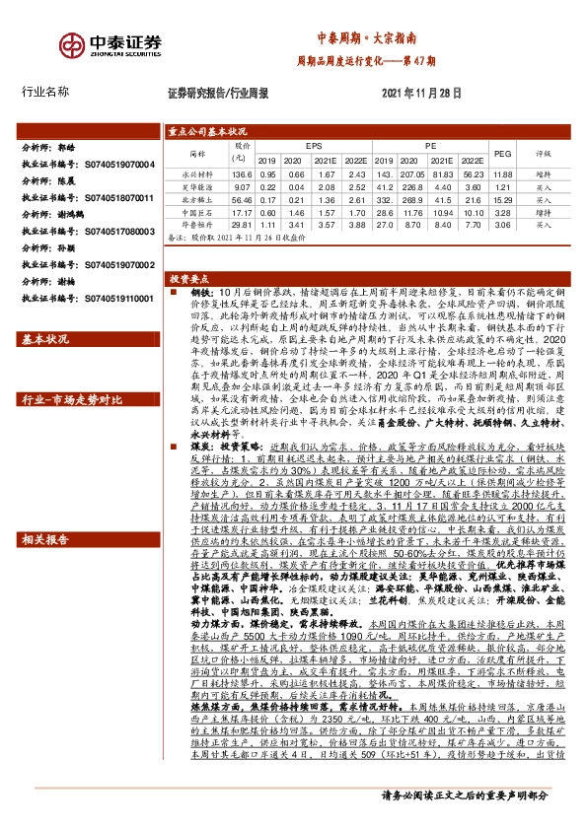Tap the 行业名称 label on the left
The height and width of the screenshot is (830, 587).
point(45,92)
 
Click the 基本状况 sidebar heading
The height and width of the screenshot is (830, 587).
point(46,340)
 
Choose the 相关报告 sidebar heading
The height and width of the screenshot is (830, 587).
point(46,540)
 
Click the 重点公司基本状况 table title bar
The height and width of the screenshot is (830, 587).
point(206,130)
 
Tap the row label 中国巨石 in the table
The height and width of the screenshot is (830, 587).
point(190,212)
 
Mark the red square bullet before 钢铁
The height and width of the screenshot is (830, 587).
point(171,294)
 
